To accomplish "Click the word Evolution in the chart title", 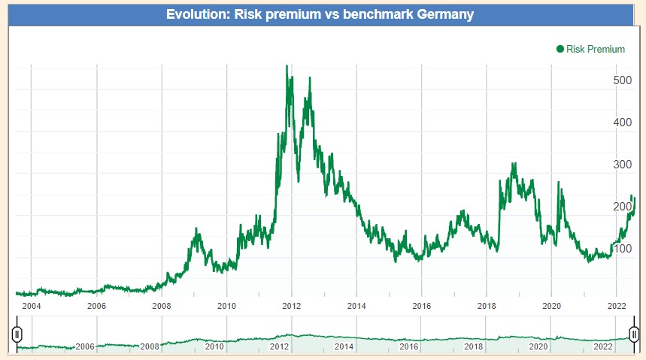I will pos(197,14).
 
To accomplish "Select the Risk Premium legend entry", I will pos(596,50).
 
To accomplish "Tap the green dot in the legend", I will pos(560,50).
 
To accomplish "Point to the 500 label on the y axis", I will pos(622,80).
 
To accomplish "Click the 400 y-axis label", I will pos(622,122).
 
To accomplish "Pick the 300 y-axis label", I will pos(622,164).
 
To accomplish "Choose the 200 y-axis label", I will pos(622,206).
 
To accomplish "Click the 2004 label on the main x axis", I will pos(32,306).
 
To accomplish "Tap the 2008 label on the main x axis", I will pos(162,306).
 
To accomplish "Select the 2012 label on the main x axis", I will pos(292,306).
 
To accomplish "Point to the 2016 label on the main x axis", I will pos(422,306).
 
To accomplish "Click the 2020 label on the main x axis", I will pos(552,306).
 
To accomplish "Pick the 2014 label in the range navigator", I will pos(344,346).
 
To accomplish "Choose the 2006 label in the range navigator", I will pos(85,346).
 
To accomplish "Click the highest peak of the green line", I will pos(287,66).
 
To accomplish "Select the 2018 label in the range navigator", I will pos(474,346).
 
